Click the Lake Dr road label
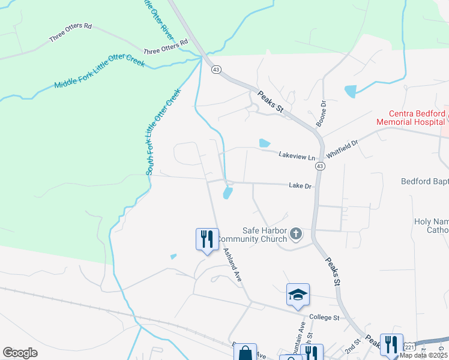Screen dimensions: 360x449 click(301, 186)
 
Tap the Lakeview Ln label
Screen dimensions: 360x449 click(297, 156)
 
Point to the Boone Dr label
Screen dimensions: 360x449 click(323, 112)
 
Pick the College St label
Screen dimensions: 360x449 click(324, 317)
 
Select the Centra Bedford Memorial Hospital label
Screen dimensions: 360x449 click(411, 118)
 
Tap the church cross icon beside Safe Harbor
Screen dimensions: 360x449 click(295, 233)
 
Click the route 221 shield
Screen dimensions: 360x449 click(409, 347)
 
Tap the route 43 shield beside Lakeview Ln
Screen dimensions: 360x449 click(321, 166)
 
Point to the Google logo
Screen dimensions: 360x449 click(20, 353)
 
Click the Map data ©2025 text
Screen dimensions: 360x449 click(426, 356)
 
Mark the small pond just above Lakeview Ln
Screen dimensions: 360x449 click(264, 143)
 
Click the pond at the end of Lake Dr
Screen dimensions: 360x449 click(228, 193)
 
